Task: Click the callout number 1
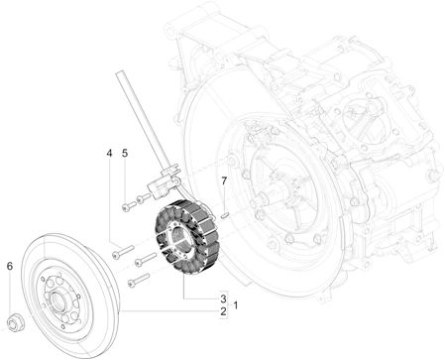[236, 305]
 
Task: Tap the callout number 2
[223, 311]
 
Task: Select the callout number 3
[223, 299]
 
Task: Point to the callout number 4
[109, 153]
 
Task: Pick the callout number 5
[125, 153]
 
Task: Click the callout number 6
[10, 266]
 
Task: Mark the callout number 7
[224, 180]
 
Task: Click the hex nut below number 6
[15, 322]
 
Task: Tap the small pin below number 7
[225, 215]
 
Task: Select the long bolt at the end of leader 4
[123, 252]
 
